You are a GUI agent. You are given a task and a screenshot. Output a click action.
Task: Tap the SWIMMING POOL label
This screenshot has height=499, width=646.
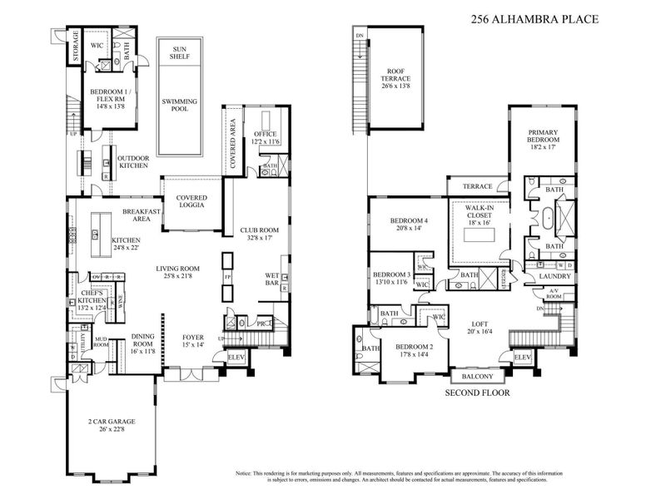point(180,106)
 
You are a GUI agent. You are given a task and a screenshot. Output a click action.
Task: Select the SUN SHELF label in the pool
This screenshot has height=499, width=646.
point(180,52)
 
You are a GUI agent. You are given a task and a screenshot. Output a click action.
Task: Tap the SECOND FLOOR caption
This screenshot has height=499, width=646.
point(477,393)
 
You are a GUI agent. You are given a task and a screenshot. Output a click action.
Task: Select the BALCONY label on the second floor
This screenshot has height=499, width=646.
point(477,376)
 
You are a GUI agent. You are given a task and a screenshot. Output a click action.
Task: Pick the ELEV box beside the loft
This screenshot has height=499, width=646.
point(522,358)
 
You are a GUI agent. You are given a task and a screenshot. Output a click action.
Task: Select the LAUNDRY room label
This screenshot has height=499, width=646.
point(553,275)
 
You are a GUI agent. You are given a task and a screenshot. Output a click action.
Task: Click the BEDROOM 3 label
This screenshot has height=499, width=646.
point(391,274)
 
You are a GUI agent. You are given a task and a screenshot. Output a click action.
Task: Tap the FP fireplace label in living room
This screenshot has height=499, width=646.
point(226,277)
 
